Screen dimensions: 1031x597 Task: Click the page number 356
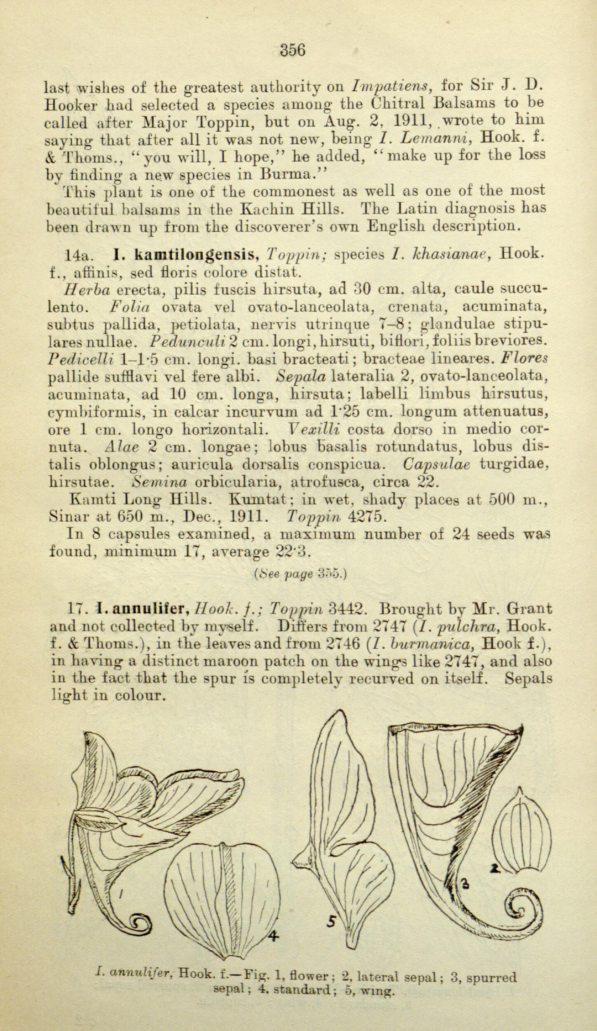[x=293, y=50]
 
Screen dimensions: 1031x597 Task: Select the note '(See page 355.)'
[x=301, y=574]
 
